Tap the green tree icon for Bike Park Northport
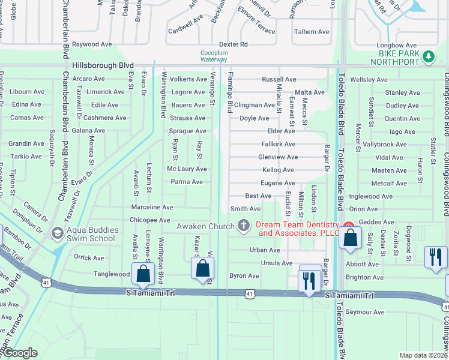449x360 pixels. pyautogui.click(x=428, y=56)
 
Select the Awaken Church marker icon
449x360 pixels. pyautogui.click(x=243, y=226)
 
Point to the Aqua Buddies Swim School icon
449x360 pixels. pyautogui.click(x=57, y=233)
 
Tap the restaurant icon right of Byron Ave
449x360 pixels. pyautogui.click(x=310, y=280)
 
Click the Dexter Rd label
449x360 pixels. pyautogui.click(x=233, y=44)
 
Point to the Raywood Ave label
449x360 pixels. pyautogui.click(x=92, y=44)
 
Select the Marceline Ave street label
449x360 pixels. pyautogui.click(x=152, y=207)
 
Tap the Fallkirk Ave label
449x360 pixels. pyautogui.click(x=279, y=144)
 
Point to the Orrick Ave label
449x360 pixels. pyautogui.click(x=89, y=258)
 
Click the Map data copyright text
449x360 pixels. pyautogui.click(x=423, y=355)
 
